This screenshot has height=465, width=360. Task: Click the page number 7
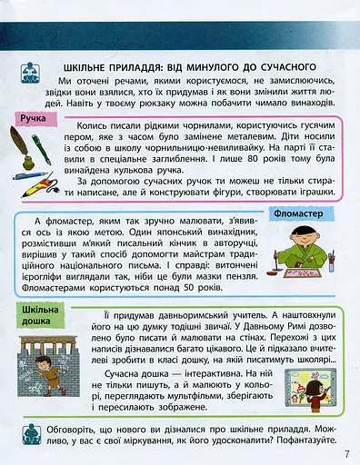click(x=346, y=455)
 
